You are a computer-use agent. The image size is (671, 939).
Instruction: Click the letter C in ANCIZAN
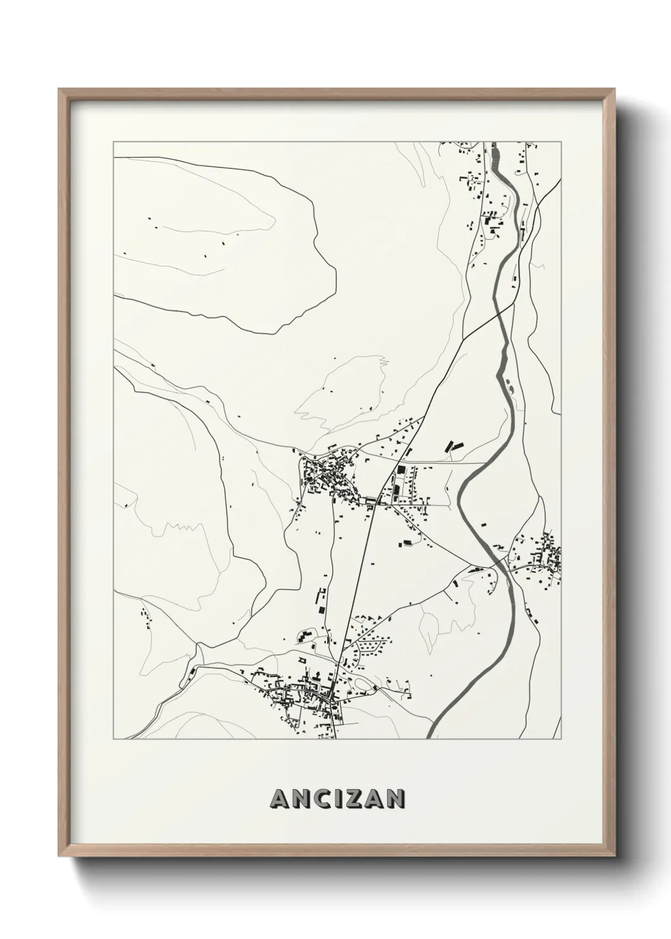(315, 799)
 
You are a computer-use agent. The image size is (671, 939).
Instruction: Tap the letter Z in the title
(351, 799)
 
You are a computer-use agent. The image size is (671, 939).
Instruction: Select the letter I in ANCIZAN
(333, 799)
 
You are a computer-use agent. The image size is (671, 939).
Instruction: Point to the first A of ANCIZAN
(277, 799)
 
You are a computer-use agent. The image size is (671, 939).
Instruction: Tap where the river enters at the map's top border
(495, 145)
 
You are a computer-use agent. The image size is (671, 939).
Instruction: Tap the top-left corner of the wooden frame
(59, 89)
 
